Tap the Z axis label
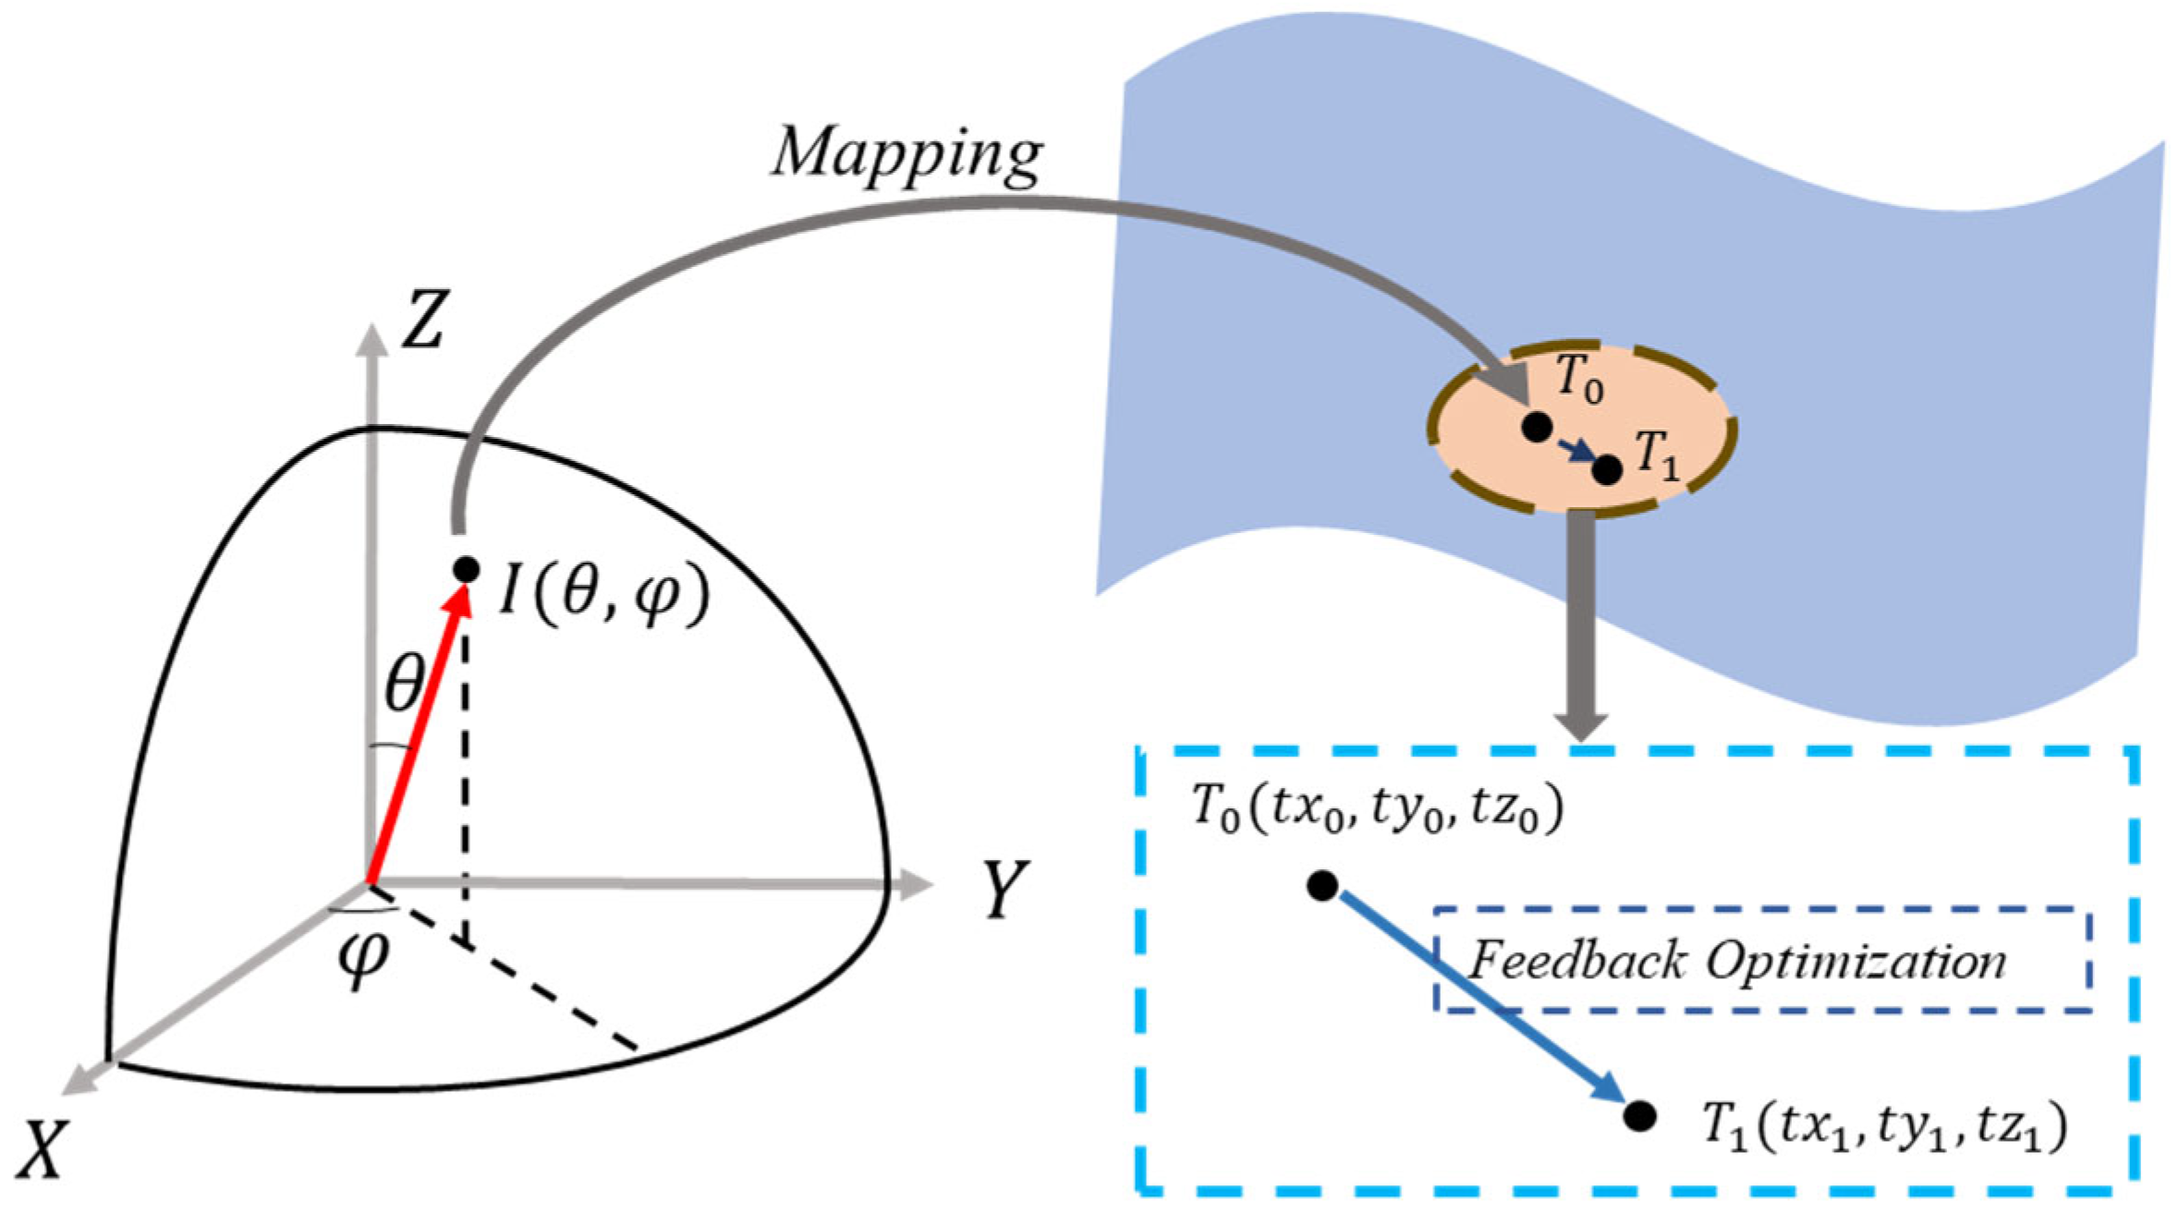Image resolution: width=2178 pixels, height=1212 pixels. pyautogui.click(x=424, y=320)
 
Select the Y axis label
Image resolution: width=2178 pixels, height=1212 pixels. pyautogui.click(x=1004, y=889)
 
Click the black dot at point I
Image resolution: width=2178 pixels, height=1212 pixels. pyautogui.click(x=466, y=569)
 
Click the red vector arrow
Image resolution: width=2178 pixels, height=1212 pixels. pyautogui.click(x=416, y=730)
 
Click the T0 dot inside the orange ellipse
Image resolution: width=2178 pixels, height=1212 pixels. pyautogui.click(x=1537, y=427)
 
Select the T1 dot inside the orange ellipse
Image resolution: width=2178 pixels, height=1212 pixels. pyautogui.click(x=1607, y=469)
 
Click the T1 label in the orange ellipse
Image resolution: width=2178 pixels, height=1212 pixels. pyautogui.click(x=1657, y=456)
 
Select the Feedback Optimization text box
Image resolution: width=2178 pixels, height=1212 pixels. pyautogui.click(x=1761, y=961)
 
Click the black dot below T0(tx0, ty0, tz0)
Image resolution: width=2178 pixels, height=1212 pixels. pyautogui.click(x=1322, y=886)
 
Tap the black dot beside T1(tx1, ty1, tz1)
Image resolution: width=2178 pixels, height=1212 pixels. pyautogui.click(x=1639, y=1116)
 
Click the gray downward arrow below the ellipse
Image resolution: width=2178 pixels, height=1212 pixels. pyautogui.click(x=1581, y=628)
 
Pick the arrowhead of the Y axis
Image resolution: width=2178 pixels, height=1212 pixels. pyautogui.click(x=915, y=884)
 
